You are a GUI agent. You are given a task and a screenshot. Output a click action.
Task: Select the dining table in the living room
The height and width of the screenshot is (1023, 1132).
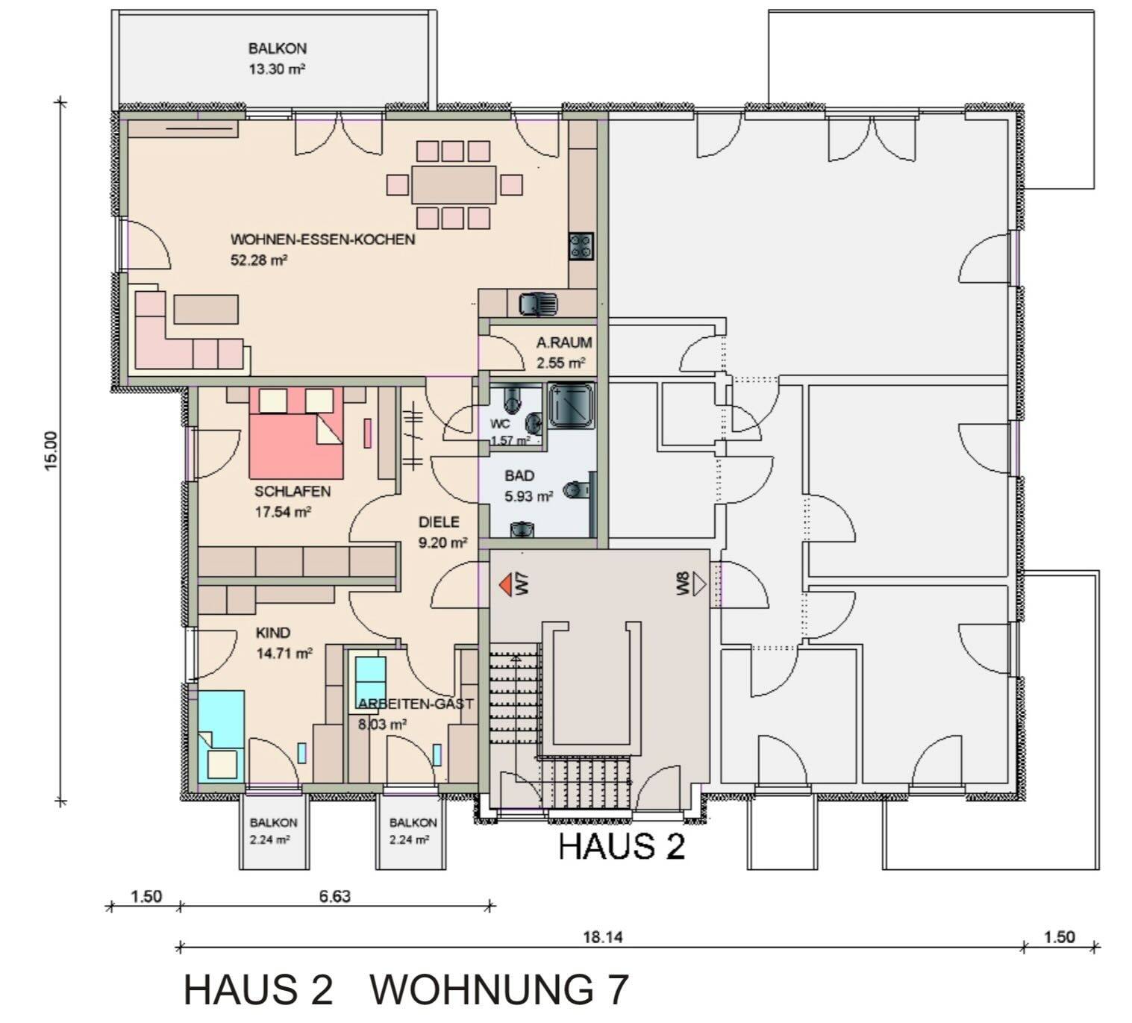pyautogui.click(x=453, y=184)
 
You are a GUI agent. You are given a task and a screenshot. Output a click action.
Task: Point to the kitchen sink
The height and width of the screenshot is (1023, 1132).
pyautogui.click(x=537, y=304)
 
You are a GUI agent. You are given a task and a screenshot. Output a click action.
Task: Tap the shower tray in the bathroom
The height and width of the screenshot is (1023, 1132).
pyautogui.click(x=572, y=405)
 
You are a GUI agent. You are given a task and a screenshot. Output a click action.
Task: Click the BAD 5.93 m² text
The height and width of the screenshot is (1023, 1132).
pyautogui.click(x=528, y=485)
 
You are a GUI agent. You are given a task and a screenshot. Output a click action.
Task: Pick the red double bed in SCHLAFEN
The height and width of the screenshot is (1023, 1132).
pyautogui.click(x=296, y=434)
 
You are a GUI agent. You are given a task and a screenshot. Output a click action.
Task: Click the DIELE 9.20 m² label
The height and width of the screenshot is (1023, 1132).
pyautogui.click(x=442, y=532)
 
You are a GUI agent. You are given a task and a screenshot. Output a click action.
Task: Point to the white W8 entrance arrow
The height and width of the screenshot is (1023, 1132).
pyautogui.click(x=698, y=584)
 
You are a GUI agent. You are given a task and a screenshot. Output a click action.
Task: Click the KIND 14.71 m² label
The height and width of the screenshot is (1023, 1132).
pyautogui.click(x=284, y=642)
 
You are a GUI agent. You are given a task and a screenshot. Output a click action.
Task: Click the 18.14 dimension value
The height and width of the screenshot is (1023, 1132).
pyautogui.click(x=602, y=937)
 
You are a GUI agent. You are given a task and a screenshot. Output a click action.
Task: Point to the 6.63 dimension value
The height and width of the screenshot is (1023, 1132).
pyautogui.click(x=334, y=896)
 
